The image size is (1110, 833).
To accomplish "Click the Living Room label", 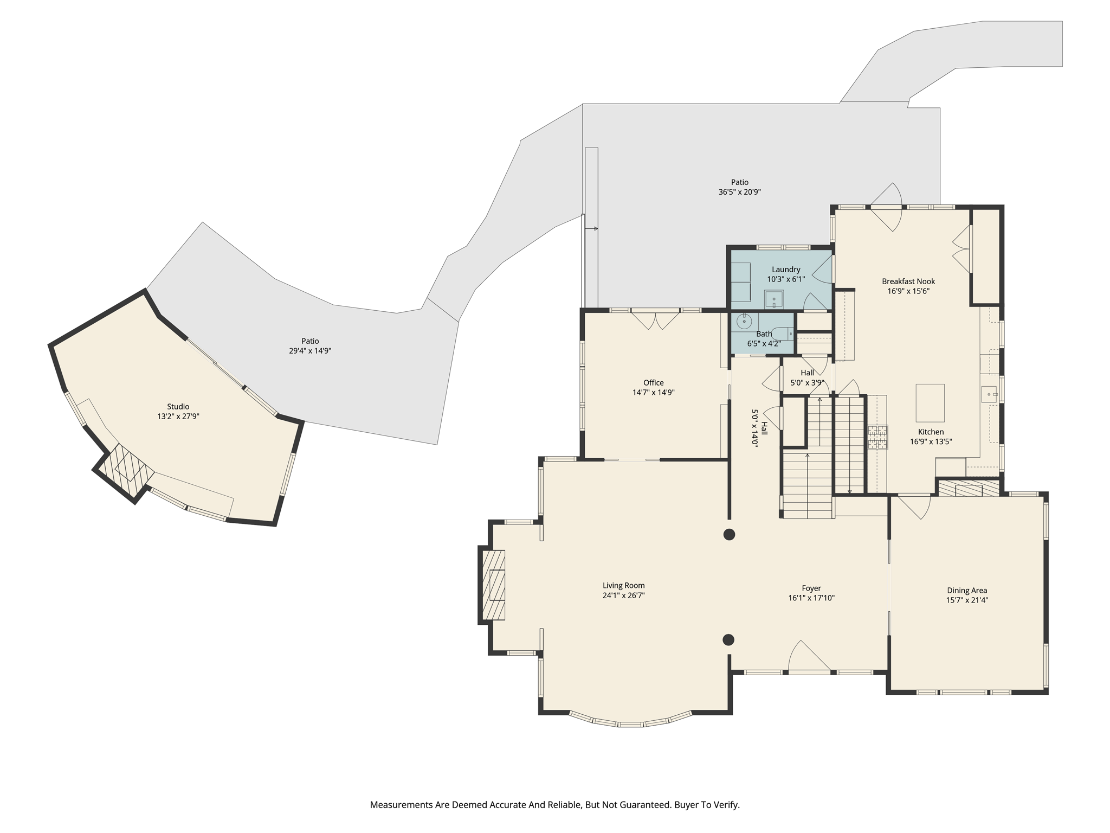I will [x=623, y=585].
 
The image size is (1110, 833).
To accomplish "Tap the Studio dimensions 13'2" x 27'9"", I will [x=178, y=416].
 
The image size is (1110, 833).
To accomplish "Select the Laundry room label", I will [x=785, y=270].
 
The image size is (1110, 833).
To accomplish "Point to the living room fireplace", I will [x=494, y=585].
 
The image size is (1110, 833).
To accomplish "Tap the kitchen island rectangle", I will [x=930, y=402].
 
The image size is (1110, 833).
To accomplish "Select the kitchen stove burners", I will [x=878, y=437].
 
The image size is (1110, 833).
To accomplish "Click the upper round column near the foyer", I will [x=729, y=534].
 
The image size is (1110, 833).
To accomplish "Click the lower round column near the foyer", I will [x=728, y=639].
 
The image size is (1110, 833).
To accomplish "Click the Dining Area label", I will [x=967, y=591].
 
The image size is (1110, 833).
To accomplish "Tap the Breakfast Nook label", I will [x=908, y=281].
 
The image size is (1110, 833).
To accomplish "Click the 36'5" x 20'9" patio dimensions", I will [x=739, y=192].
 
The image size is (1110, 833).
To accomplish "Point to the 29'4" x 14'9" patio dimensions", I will [x=310, y=351].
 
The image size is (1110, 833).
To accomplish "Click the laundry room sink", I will [x=774, y=299].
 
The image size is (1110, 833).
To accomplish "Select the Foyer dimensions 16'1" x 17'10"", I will [x=811, y=598].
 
